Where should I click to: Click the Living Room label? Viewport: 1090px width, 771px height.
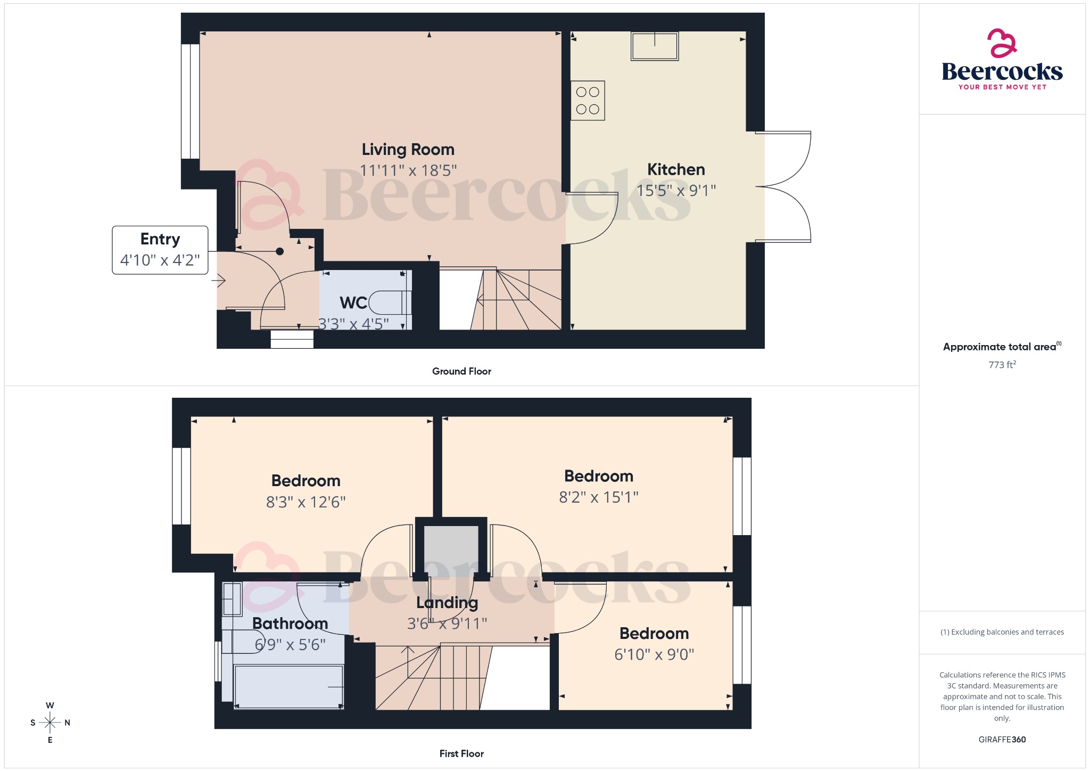pyautogui.click(x=408, y=150)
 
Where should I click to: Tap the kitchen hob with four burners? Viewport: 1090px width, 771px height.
pyautogui.click(x=588, y=101)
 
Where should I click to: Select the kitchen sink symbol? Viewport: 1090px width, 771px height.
pyautogui.click(x=655, y=46)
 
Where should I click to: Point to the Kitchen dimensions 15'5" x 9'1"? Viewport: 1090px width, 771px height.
pyautogui.click(x=676, y=190)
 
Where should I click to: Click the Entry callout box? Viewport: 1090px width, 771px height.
pyautogui.click(x=160, y=250)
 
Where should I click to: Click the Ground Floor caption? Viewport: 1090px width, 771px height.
pyautogui.click(x=461, y=371)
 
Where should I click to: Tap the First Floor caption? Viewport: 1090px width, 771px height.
pyautogui.click(x=461, y=753)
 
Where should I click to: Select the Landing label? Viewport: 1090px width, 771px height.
pyautogui.click(x=447, y=603)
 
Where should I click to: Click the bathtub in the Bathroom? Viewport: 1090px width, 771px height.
pyautogui.click(x=288, y=687)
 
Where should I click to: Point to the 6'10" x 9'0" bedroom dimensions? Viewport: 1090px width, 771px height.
pyautogui.click(x=654, y=654)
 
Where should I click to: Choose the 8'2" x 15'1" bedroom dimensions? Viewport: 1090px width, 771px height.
pyautogui.click(x=599, y=497)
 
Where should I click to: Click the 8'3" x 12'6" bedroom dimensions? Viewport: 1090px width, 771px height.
pyautogui.click(x=306, y=502)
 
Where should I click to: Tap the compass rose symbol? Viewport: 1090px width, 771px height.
pyautogui.click(x=50, y=723)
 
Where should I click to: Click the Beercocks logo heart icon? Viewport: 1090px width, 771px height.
pyautogui.click(x=1002, y=43)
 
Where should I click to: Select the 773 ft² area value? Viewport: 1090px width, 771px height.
pyautogui.click(x=1002, y=365)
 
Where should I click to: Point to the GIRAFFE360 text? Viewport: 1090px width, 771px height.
pyautogui.click(x=1002, y=740)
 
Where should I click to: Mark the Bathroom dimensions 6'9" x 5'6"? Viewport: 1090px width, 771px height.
pyautogui.click(x=290, y=645)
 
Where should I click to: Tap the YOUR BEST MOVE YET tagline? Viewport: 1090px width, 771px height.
pyautogui.click(x=1002, y=87)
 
